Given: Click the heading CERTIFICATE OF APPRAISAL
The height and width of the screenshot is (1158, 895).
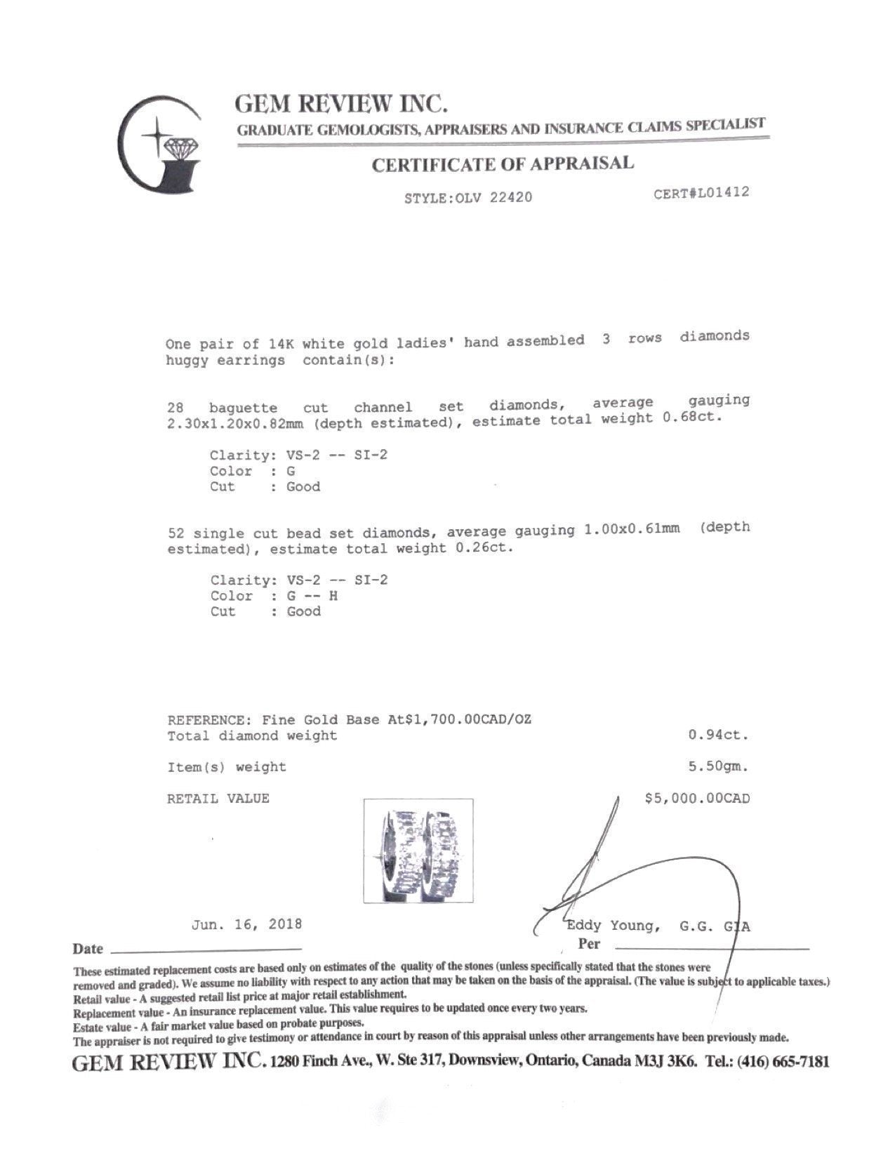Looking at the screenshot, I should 502,164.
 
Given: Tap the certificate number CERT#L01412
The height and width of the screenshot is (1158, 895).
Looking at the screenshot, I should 701,192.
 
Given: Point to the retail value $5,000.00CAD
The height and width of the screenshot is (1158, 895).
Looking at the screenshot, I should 697,798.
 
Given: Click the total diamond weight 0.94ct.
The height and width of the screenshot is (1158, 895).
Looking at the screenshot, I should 718,736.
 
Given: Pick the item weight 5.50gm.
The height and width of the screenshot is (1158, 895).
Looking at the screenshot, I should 718,766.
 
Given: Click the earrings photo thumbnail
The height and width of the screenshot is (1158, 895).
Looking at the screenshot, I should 418,850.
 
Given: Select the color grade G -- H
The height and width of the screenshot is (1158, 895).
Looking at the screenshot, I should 313,596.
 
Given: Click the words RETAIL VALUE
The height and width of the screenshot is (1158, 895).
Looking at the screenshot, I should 218,799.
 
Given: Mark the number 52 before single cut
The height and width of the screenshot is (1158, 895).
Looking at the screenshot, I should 176,533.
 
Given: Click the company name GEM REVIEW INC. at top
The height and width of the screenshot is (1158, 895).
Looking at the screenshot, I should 341,104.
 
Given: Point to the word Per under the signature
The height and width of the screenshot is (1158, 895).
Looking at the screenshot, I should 589,944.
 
